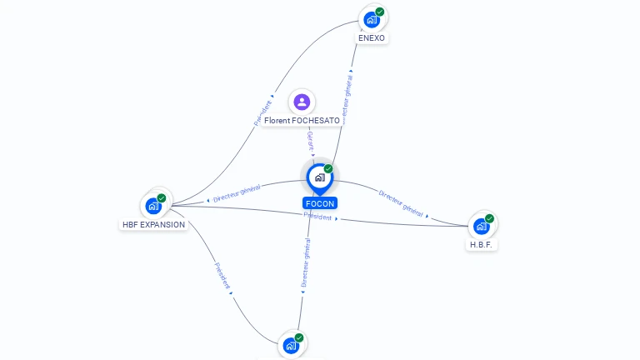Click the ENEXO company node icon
(x=372, y=19)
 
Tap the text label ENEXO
(x=372, y=38)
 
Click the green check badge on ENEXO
(x=380, y=12)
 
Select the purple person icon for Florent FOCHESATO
(x=302, y=102)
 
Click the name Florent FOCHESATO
(x=302, y=121)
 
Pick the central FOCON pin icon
(x=319, y=177)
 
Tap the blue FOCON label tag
(x=320, y=203)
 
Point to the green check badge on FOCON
(x=328, y=169)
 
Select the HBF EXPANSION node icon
(x=153, y=205)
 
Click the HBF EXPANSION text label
(x=153, y=224)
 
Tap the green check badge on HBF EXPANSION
(x=162, y=198)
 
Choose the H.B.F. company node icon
(x=481, y=226)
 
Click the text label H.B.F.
(x=481, y=245)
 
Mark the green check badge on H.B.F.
(x=490, y=218)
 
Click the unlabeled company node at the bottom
(x=291, y=345)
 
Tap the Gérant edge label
(x=310, y=140)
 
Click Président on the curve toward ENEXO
(x=263, y=108)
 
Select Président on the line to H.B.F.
(x=317, y=217)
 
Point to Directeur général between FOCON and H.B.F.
(x=402, y=203)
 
